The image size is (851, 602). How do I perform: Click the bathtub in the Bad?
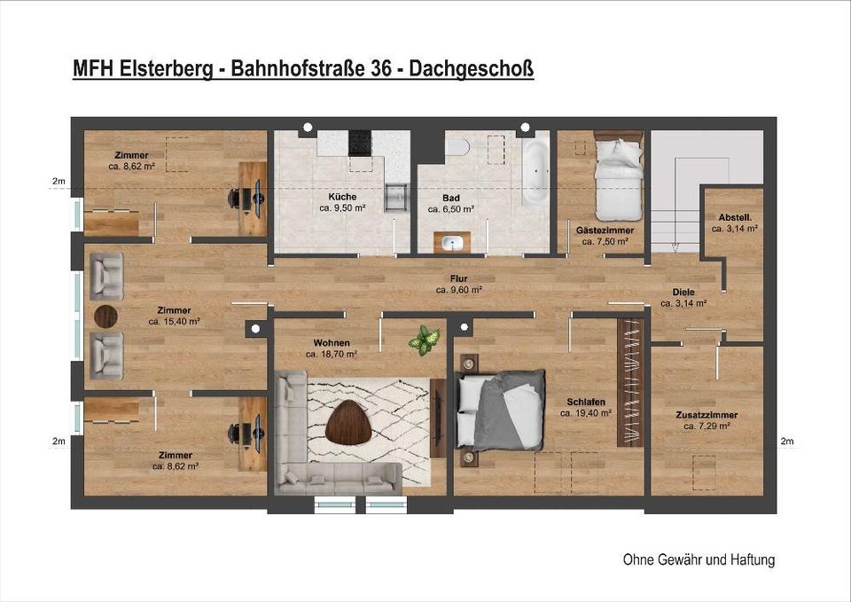click(535, 171)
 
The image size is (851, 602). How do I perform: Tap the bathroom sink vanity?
click(452, 243)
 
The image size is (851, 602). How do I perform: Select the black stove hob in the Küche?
click(360, 143)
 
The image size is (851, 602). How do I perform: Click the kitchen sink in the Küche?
click(396, 198)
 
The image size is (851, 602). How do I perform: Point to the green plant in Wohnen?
click(425, 340)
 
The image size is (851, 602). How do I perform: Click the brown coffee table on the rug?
click(348, 422)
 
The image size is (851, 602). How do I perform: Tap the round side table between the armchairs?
click(105, 316)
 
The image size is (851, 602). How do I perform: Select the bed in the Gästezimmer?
click(618, 175)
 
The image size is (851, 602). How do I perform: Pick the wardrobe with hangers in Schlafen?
click(630, 382)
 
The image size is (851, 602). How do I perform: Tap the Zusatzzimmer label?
click(707, 415)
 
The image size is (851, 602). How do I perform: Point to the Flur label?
click(458, 279)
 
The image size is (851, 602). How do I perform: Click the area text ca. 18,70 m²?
click(331, 355)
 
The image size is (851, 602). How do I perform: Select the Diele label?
click(683, 292)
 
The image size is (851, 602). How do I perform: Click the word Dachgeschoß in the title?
click(471, 69)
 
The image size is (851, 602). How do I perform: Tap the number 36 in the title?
click(382, 68)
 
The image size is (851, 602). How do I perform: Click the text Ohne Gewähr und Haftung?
click(699, 559)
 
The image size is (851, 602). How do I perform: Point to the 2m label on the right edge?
click(787, 441)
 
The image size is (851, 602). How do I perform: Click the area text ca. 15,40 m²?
click(175, 321)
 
